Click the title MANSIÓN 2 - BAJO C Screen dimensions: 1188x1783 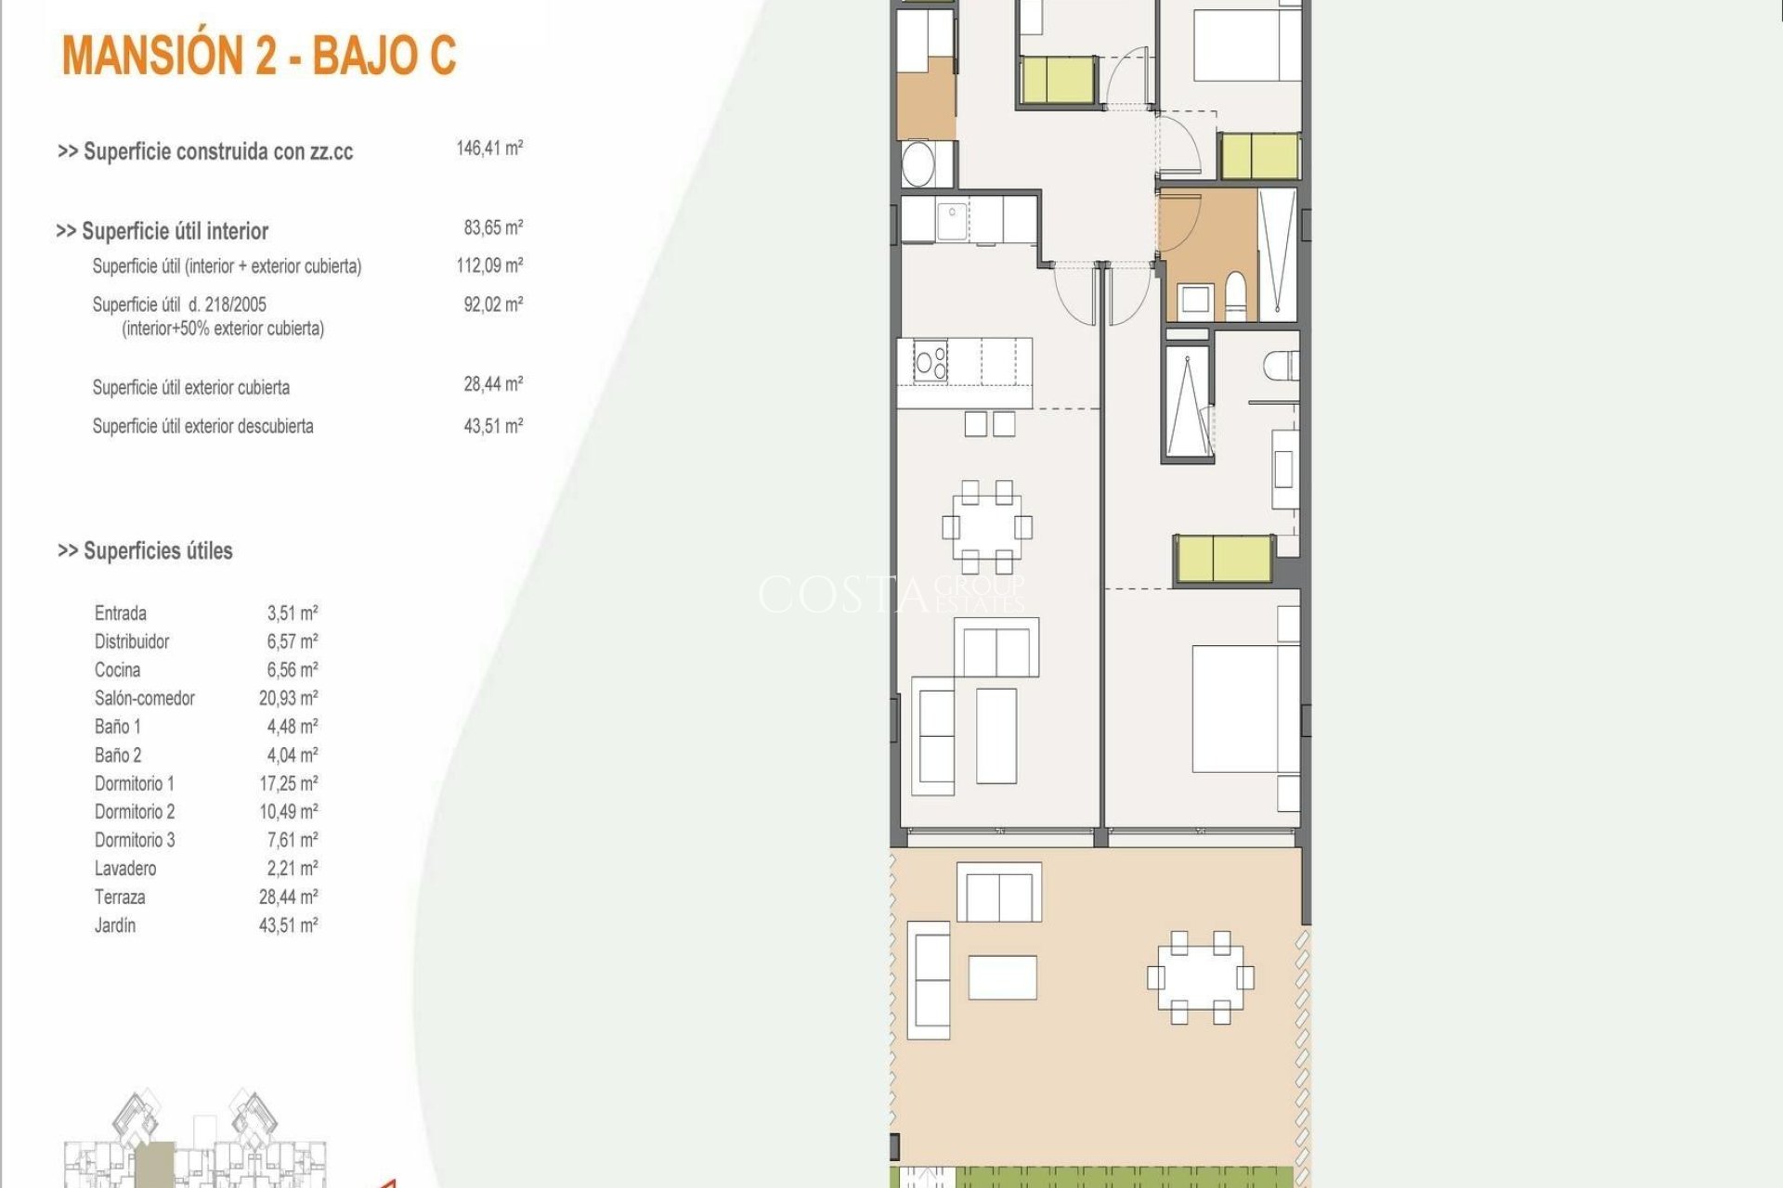tap(259, 56)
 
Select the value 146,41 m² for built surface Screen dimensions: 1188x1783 tap(489, 148)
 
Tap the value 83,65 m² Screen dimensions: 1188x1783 tap(493, 228)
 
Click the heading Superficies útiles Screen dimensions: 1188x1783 tap(145, 551)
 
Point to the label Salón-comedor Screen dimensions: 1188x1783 tap(144, 698)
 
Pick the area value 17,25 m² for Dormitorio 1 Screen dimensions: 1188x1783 tap(288, 783)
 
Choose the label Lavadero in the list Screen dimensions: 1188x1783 tap(125, 869)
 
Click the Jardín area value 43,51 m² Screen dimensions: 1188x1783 tap(288, 925)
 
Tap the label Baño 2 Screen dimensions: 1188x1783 tap(118, 755)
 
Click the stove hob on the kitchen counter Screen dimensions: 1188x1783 tap(931, 361)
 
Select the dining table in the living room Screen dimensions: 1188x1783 tap(987, 526)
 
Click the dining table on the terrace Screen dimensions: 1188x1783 tap(1200, 977)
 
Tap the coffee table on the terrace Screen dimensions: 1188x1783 tap(1002, 977)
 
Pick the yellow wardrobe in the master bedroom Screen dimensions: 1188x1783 tap(1223, 559)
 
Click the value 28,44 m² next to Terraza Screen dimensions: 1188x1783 tap(288, 897)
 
